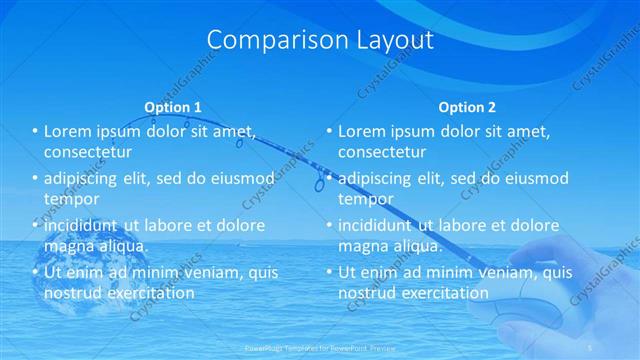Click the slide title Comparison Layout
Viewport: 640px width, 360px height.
pyautogui.click(x=320, y=40)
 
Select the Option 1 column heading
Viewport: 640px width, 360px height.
pyautogui.click(x=173, y=107)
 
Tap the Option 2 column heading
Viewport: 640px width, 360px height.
pyautogui.click(x=467, y=107)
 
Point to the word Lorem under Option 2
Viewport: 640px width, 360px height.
pyautogui.click(x=362, y=131)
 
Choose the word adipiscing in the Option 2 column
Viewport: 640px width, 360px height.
pyautogui.click(x=378, y=178)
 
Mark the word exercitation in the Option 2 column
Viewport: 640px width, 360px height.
pyautogui.click(x=444, y=293)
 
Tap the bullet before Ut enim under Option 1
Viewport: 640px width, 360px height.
pyautogui.click(x=35, y=272)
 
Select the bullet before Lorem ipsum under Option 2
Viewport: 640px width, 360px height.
pyautogui.click(x=329, y=131)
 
